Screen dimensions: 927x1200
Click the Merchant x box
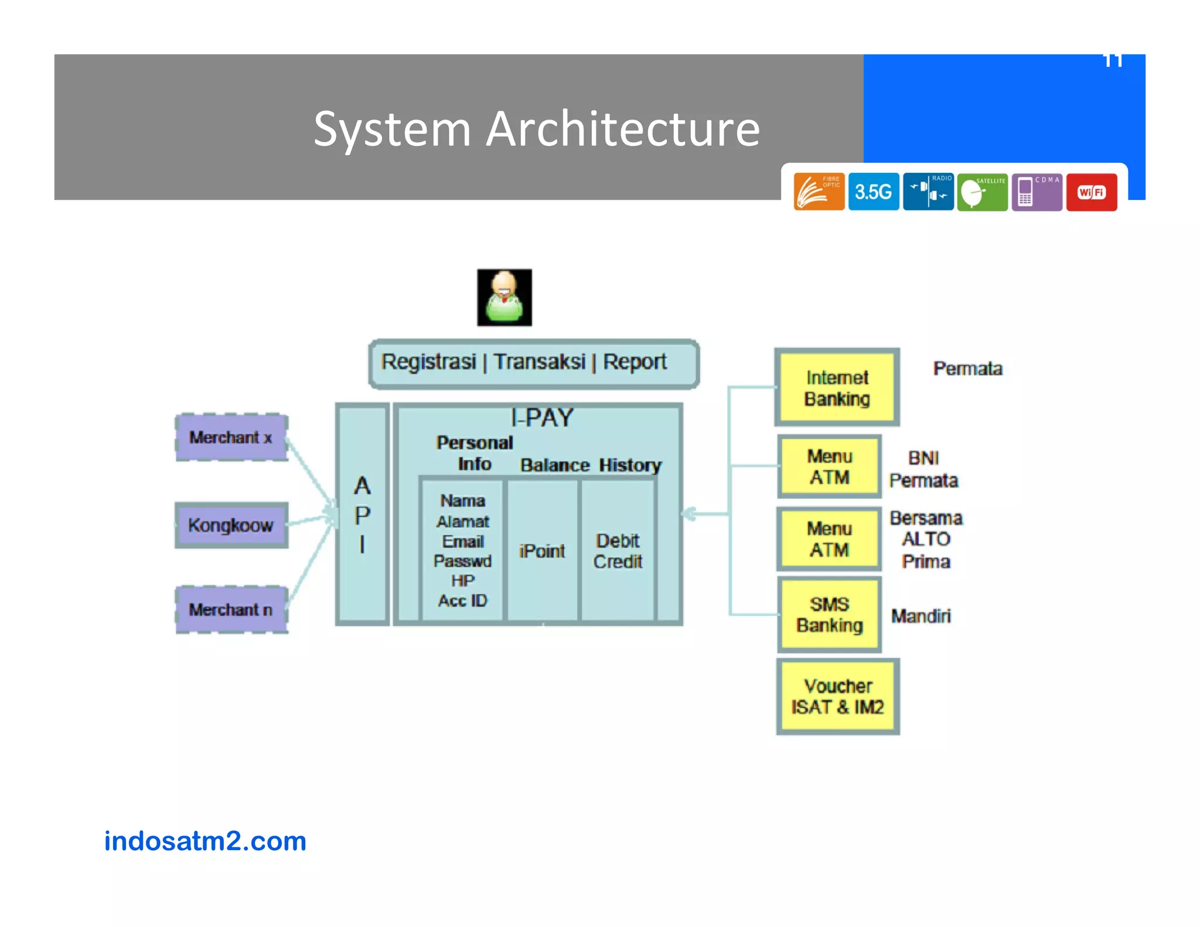(231, 437)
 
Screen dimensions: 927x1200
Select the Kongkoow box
(231, 525)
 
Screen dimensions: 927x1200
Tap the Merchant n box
(231, 609)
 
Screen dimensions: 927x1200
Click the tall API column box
(362, 514)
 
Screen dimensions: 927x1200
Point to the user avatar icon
(504, 297)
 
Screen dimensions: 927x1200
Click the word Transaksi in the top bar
(539, 362)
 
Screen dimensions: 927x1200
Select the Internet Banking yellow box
(837, 387)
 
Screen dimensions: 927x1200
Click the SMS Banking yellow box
(829, 615)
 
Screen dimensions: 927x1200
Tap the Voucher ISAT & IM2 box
(837, 696)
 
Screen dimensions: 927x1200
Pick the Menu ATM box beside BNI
(829, 466)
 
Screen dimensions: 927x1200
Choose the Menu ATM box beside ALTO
(829, 539)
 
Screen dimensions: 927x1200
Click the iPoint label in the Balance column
(541, 551)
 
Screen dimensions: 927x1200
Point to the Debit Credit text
(618, 551)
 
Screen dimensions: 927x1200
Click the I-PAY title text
(541, 417)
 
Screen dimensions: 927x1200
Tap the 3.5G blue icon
(873, 192)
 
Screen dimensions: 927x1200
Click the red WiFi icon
(1091, 192)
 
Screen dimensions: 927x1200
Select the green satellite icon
(982, 192)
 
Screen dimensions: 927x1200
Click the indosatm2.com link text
(205, 841)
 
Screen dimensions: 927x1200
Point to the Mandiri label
(921, 616)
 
